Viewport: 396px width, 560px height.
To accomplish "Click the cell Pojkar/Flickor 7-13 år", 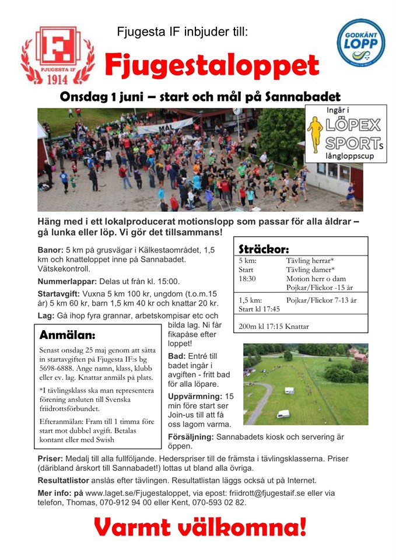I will (321, 300).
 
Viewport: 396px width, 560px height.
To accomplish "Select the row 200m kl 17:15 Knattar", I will (273, 326).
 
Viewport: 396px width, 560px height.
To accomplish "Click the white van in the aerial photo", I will (283, 414).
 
